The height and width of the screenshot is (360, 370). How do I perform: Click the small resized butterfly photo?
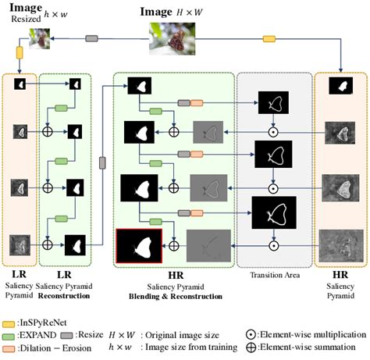pos(40,38)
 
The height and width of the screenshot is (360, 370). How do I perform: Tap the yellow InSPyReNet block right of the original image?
pos(269,38)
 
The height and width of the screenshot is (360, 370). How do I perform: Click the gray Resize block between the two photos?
pos(91,38)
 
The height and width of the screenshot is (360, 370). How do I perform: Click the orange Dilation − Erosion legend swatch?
pos(11,346)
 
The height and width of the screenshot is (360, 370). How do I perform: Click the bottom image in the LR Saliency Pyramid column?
pos(19,245)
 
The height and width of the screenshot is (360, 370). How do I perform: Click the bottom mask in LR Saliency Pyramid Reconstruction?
pos(75,245)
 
